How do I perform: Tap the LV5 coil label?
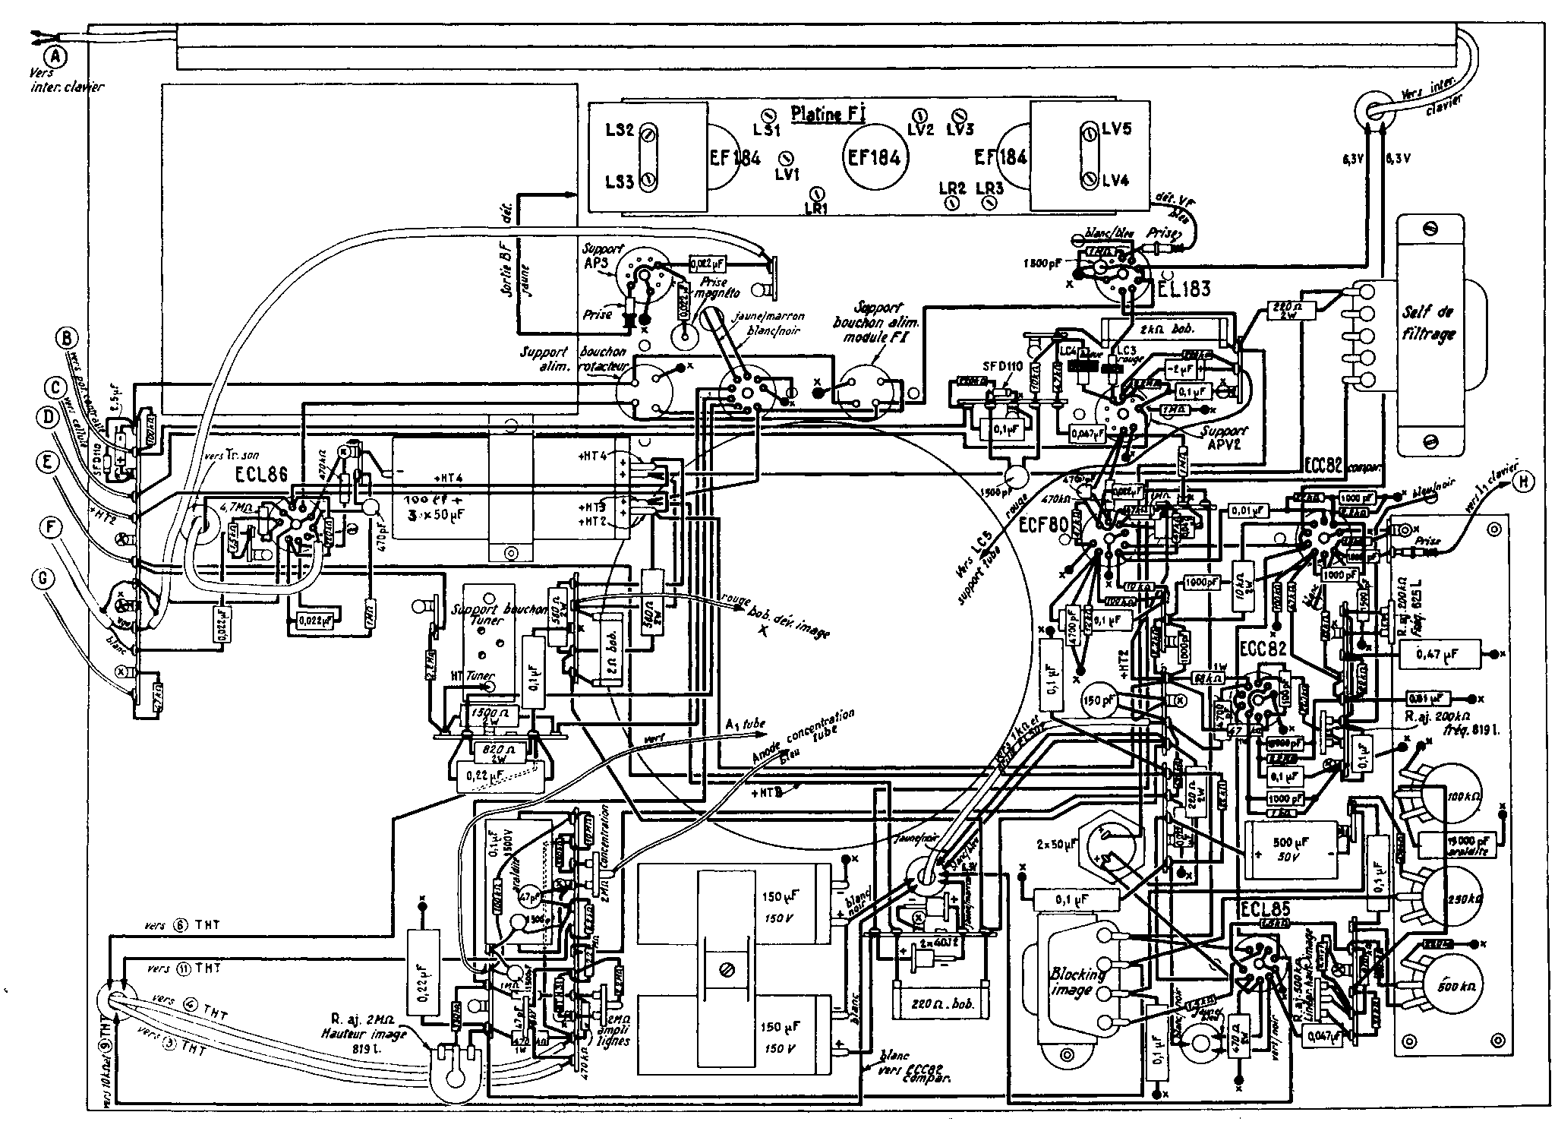(1116, 130)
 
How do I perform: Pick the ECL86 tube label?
(263, 475)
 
